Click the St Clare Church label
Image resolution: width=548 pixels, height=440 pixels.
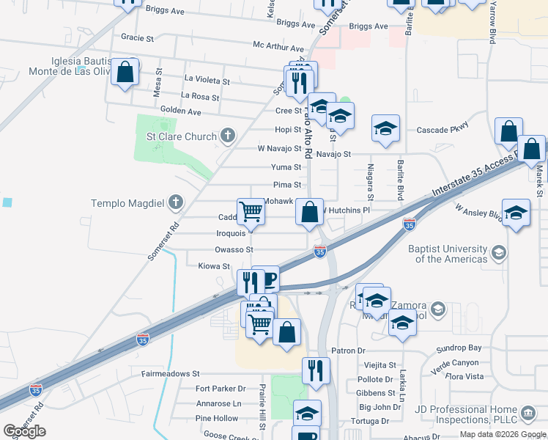[x=182, y=136]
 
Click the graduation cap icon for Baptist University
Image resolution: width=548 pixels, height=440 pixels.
[x=499, y=253]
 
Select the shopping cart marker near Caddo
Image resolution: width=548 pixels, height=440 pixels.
[x=251, y=212]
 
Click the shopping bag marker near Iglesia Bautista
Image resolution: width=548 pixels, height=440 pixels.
[x=125, y=72]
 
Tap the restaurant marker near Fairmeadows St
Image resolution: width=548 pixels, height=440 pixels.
[x=316, y=370]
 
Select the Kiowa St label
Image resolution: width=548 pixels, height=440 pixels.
[x=214, y=266]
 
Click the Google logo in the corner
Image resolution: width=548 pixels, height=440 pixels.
[x=24, y=431]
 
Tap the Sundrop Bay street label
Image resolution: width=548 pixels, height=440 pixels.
[x=464, y=348]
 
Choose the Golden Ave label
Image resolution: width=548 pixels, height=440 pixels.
[x=180, y=111]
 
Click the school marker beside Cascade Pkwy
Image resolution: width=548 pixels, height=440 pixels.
[x=385, y=128]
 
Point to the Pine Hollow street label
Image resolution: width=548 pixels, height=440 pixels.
[x=217, y=418]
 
